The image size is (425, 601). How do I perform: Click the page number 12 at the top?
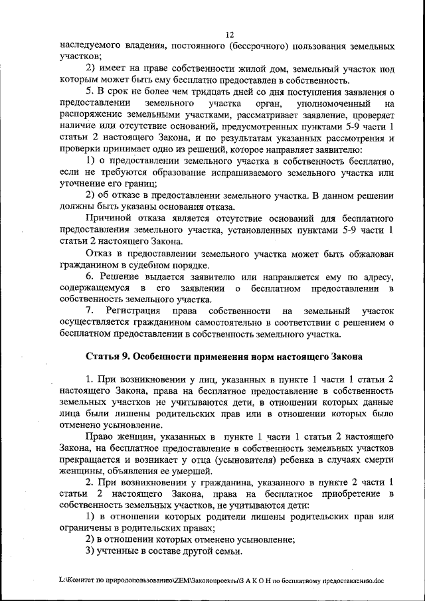click(229, 35)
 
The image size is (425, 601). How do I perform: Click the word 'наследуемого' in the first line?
click(90, 46)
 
